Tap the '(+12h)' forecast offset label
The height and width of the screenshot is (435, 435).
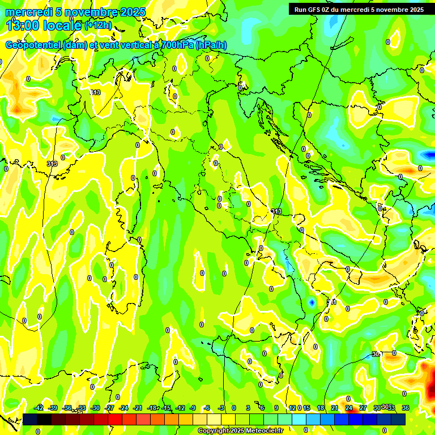98,25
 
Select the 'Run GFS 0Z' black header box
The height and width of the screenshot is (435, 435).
357,9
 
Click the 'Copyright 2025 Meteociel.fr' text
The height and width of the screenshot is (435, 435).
240,431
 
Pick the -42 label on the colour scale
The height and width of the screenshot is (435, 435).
39,408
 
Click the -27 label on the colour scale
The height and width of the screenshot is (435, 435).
109,408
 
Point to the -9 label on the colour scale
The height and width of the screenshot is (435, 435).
193,408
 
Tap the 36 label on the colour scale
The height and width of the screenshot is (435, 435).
405,408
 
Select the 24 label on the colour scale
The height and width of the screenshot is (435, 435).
348,408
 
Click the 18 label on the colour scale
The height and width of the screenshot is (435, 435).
321,408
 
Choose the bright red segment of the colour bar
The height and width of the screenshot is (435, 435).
116,419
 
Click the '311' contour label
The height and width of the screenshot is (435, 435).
332,302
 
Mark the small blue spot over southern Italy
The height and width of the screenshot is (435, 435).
312,303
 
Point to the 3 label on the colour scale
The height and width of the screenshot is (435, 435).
248,408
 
